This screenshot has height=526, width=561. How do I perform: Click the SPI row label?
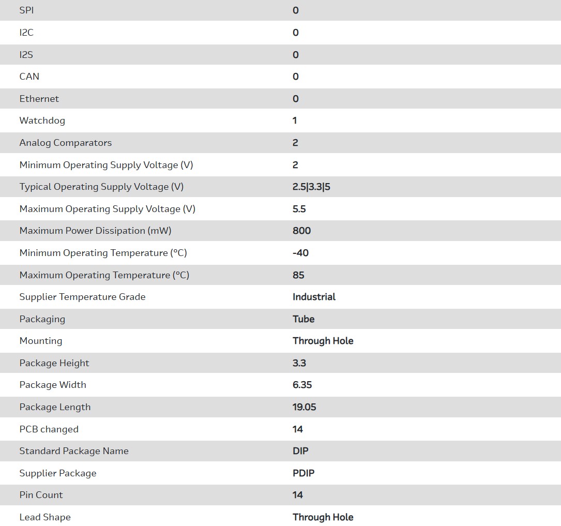pyautogui.click(x=26, y=10)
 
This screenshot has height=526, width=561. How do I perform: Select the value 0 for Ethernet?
pyautogui.click(x=295, y=99)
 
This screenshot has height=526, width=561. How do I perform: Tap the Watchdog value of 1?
pyautogui.click(x=295, y=121)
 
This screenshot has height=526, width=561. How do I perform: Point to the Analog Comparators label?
pyautogui.click(x=66, y=143)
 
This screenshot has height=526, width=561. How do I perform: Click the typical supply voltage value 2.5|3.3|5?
pyautogui.click(x=311, y=187)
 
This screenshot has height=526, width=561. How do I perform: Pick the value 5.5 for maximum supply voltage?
pyautogui.click(x=299, y=209)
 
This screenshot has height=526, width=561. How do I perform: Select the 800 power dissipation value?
pyautogui.click(x=301, y=231)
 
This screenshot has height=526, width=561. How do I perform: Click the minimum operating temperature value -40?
pyautogui.click(x=300, y=253)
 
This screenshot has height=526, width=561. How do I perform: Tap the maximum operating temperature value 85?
pyautogui.click(x=298, y=275)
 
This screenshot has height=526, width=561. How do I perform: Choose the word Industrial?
pyautogui.click(x=314, y=297)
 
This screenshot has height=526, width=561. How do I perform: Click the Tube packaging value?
pyautogui.click(x=304, y=319)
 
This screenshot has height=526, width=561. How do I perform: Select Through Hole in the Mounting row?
pyautogui.click(x=323, y=341)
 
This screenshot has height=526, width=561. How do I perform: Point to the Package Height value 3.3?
pyautogui.click(x=299, y=363)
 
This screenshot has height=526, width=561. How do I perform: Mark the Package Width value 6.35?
pyautogui.click(x=302, y=385)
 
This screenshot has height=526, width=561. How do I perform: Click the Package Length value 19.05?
pyautogui.click(x=304, y=407)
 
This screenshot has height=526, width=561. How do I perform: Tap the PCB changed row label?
pyautogui.click(x=49, y=429)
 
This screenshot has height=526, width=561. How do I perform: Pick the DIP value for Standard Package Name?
pyautogui.click(x=300, y=451)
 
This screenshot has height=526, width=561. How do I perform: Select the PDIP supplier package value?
pyautogui.click(x=304, y=473)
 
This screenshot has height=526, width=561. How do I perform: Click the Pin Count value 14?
pyautogui.click(x=298, y=495)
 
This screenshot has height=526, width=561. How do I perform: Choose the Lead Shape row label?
pyautogui.click(x=45, y=517)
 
